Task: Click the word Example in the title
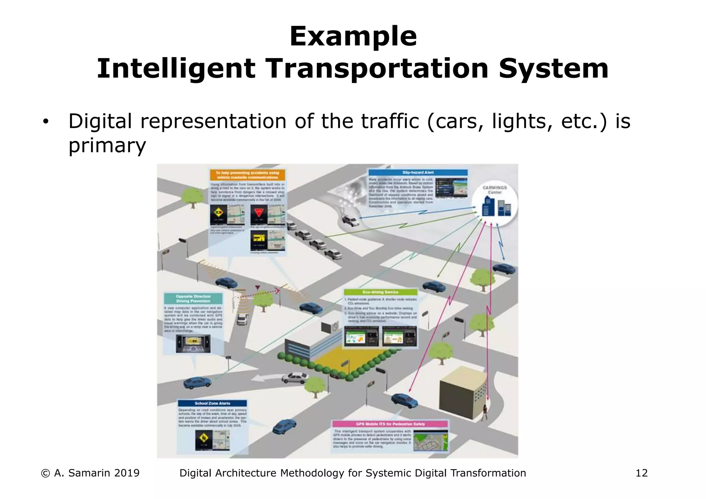[x=353, y=37]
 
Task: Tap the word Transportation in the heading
[x=377, y=69]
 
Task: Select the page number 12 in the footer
[x=642, y=473]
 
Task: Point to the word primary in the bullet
[x=107, y=145]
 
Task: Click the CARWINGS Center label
[x=495, y=190]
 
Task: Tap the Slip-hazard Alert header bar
[x=418, y=172]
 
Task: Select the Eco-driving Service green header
[x=380, y=292]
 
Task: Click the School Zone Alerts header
[x=212, y=403]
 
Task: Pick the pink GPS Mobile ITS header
[x=390, y=424]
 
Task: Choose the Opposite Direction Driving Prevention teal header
[x=193, y=298]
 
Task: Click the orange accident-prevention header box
[x=248, y=175]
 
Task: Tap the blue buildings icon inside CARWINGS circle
[x=496, y=207]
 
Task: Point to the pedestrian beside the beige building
[x=485, y=413]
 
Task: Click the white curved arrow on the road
[x=265, y=378]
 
